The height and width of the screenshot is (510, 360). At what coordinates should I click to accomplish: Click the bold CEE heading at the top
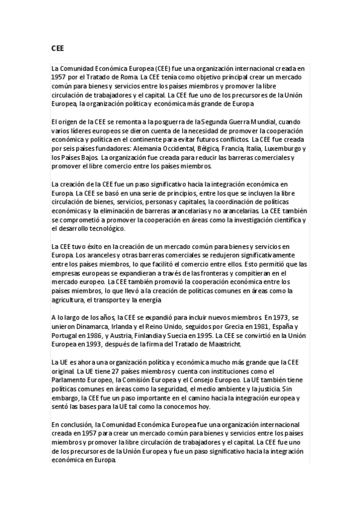(x=57, y=47)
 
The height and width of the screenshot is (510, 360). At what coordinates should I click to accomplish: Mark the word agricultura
(x=68, y=300)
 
